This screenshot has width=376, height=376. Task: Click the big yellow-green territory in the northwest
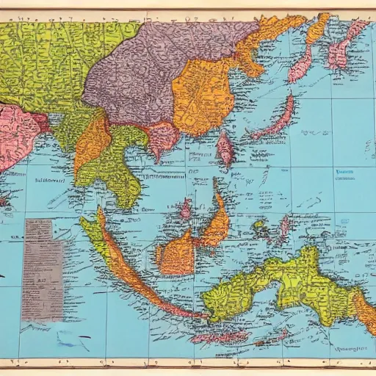point(51,59)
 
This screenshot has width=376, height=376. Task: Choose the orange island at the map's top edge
point(317,28)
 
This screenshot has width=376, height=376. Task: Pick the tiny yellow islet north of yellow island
point(260,228)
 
